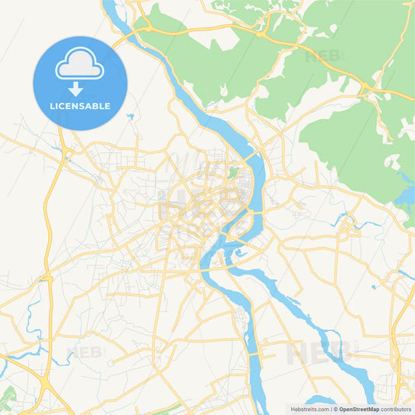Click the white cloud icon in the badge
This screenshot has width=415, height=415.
point(79,66)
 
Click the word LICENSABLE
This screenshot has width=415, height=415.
point(80,106)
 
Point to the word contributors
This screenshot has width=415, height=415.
point(396,409)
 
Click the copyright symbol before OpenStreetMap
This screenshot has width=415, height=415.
point(336,409)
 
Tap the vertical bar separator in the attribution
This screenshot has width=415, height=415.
point(330,409)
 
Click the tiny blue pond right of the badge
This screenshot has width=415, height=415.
point(130,117)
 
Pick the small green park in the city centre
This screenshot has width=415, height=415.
point(232,172)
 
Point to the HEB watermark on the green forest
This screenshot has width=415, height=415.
point(322,57)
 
